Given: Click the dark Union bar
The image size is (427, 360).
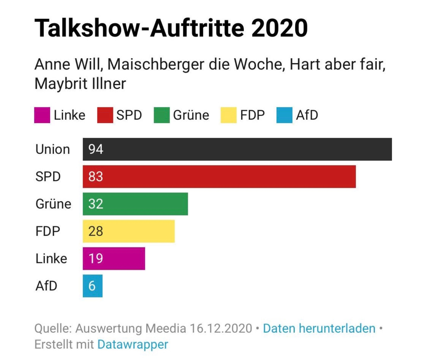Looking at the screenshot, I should [237, 149].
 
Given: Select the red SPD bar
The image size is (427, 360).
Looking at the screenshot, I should [219, 177].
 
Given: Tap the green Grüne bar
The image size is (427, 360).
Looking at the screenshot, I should [135, 204].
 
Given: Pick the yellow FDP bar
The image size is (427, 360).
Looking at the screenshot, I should [129, 231].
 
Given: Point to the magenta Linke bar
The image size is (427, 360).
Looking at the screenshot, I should [114, 259].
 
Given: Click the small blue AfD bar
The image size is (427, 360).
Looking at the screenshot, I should [93, 286].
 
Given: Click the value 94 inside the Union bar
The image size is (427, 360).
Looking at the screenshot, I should [96, 149].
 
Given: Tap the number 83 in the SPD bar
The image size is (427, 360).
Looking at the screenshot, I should [96, 177].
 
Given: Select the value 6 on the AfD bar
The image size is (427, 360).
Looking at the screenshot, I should [92, 286].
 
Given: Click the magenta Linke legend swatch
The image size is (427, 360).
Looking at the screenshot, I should [42, 115].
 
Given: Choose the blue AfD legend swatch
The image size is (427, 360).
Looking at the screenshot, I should [284, 115].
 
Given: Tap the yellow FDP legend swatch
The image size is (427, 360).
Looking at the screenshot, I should [228, 115].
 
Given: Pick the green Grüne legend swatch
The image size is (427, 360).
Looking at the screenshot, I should [162, 115].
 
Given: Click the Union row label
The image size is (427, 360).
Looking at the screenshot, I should [53, 149].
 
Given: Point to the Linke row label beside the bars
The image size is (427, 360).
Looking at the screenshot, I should [51, 259].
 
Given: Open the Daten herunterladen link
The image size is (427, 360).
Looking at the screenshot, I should [319, 329].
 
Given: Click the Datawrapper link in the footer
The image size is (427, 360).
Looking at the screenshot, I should [133, 345].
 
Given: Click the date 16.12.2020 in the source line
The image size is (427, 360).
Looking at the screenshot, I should [221, 329].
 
